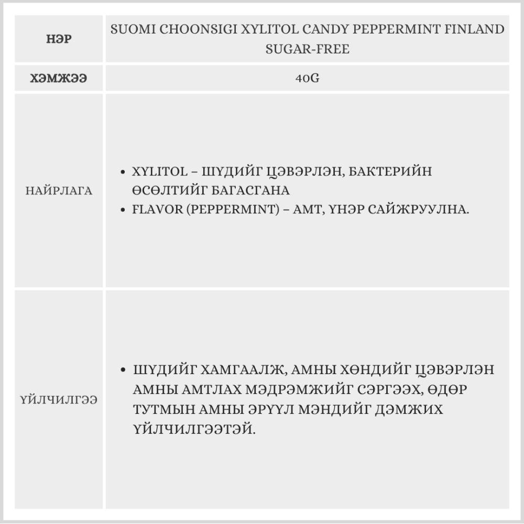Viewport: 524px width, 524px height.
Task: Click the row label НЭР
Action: tap(58, 39)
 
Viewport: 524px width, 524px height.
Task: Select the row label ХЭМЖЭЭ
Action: tap(59, 79)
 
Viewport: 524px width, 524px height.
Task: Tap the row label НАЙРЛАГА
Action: tap(59, 191)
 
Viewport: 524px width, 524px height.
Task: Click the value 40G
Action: tap(307, 79)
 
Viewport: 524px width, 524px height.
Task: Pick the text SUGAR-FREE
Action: tap(307, 49)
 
